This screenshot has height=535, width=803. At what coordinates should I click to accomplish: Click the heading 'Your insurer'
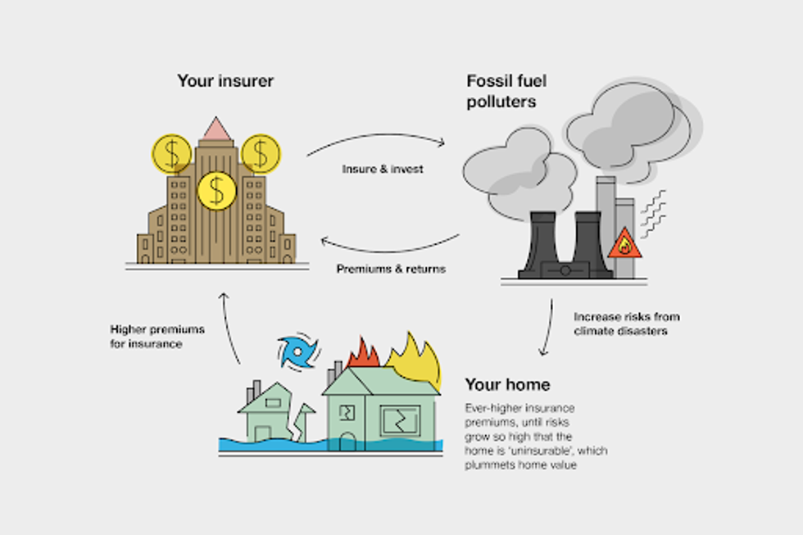225,81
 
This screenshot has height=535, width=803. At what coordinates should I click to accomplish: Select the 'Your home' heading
507,384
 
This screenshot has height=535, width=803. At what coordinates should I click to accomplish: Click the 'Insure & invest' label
383,170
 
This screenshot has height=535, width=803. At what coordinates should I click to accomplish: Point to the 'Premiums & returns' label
391,269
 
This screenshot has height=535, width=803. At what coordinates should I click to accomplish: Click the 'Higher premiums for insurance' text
157,336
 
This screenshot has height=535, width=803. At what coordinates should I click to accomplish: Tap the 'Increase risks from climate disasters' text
626,324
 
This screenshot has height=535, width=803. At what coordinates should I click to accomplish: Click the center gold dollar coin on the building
216,190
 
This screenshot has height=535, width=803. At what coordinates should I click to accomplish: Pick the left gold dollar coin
171,154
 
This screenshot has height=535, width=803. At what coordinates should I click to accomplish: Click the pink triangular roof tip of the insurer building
216,129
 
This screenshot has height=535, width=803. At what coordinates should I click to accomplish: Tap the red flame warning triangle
624,243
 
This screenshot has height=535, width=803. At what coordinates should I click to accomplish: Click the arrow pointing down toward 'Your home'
545,328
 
